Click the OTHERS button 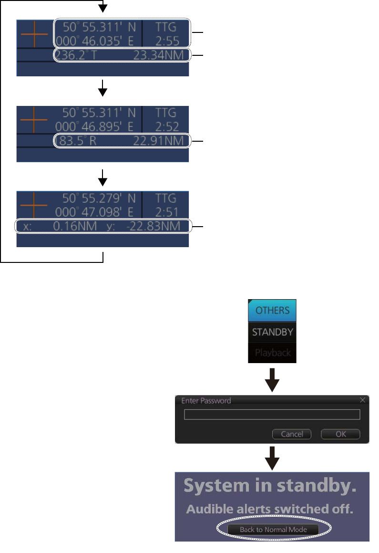point(272,310)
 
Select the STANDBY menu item point(272,332)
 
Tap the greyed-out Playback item point(272,354)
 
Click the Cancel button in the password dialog point(291,434)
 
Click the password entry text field point(272,414)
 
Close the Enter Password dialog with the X point(362,400)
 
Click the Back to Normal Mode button point(273,529)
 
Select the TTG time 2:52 point(166,126)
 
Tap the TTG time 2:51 point(166,211)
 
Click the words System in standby point(270,486)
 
